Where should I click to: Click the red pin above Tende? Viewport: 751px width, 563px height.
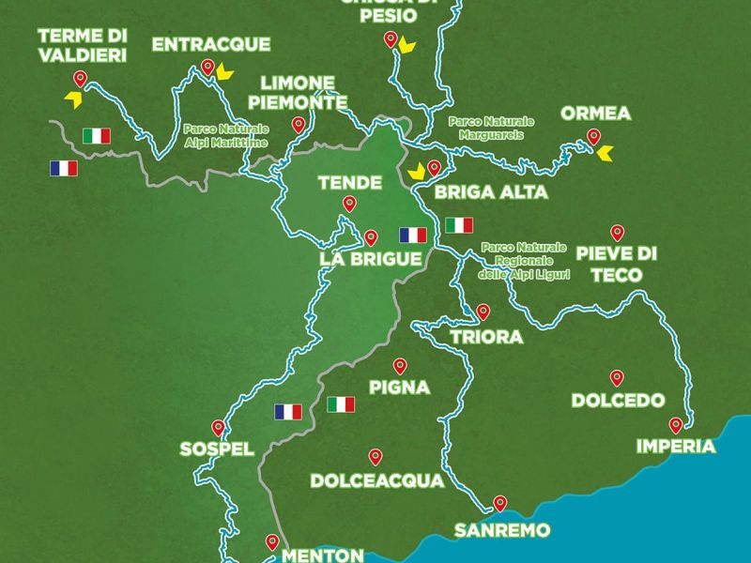[349, 203]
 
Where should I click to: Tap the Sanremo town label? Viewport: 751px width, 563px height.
[501, 530]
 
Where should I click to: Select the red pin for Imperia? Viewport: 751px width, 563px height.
[675, 424]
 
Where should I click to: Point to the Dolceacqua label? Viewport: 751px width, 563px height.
[376, 481]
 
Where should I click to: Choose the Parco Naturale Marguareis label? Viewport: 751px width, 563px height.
[490, 128]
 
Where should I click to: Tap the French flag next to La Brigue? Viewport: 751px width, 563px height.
[412, 235]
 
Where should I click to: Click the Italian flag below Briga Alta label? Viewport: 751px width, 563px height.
[459, 225]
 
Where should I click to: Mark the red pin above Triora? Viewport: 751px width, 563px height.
[483, 311]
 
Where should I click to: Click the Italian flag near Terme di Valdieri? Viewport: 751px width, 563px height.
[96, 136]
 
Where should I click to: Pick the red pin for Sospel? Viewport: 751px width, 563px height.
[219, 425]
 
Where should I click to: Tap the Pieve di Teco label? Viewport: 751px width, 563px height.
[616, 264]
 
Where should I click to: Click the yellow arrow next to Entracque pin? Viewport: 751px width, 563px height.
[223, 71]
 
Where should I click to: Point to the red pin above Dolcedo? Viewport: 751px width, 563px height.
[617, 377]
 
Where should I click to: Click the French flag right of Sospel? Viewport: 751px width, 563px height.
[288, 411]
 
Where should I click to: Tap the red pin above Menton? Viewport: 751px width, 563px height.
[272, 541]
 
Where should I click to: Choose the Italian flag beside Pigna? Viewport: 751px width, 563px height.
[341, 404]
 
